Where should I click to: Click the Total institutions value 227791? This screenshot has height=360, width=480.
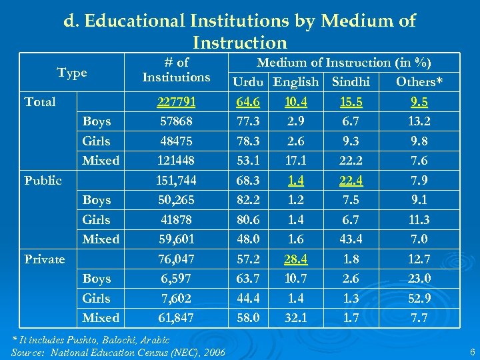(176, 102)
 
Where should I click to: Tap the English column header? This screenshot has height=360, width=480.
(296, 82)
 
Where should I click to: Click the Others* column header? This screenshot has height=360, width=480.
(419, 82)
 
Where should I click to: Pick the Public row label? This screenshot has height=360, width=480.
(43, 181)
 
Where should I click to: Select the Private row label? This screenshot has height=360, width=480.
(45, 259)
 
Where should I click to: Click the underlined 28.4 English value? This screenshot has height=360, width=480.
(291, 259)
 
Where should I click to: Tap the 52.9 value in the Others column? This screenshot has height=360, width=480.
(419, 298)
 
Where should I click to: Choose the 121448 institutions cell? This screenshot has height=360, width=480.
(176, 161)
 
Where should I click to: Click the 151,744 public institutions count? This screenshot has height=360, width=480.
(176, 180)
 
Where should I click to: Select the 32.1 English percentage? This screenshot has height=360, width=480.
(291, 317)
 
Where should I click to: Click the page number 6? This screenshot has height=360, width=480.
(471, 351)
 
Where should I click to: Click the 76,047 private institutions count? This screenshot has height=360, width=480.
(176, 259)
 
